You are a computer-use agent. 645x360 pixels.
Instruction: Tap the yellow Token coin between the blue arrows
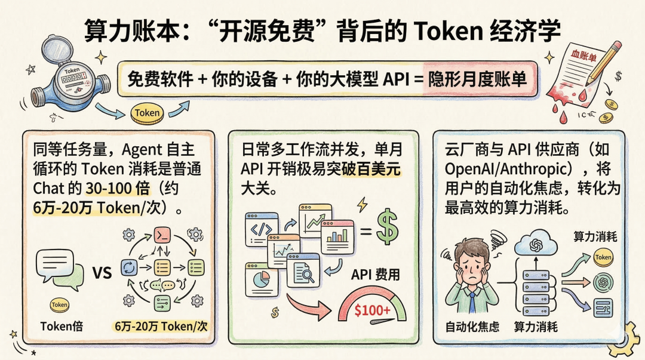click(147, 113)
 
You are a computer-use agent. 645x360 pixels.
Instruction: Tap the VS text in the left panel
click(102, 273)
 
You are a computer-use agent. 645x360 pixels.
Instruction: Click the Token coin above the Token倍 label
click(59, 304)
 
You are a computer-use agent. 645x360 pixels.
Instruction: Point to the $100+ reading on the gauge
click(373, 310)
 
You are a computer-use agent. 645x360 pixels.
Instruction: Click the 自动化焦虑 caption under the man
click(472, 327)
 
